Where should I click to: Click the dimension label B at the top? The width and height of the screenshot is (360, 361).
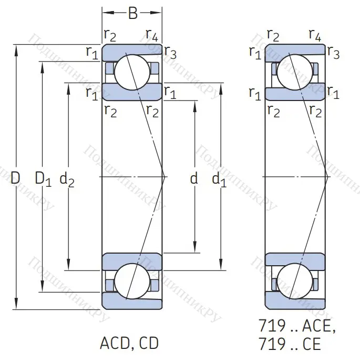[132, 13]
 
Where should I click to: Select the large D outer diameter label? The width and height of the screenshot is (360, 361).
[16, 179]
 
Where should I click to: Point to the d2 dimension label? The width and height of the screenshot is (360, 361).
[67, 179]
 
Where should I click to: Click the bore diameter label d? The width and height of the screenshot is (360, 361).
[194, 179]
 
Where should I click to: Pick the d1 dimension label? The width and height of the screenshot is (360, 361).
[219, 179]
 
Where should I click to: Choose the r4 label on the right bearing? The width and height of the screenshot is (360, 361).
[315, 36]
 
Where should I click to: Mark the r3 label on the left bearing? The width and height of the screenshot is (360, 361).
[170, 52]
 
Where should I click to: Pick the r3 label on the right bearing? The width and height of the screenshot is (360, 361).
[333, 52]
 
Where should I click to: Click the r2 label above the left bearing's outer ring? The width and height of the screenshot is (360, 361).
[110, 36]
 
